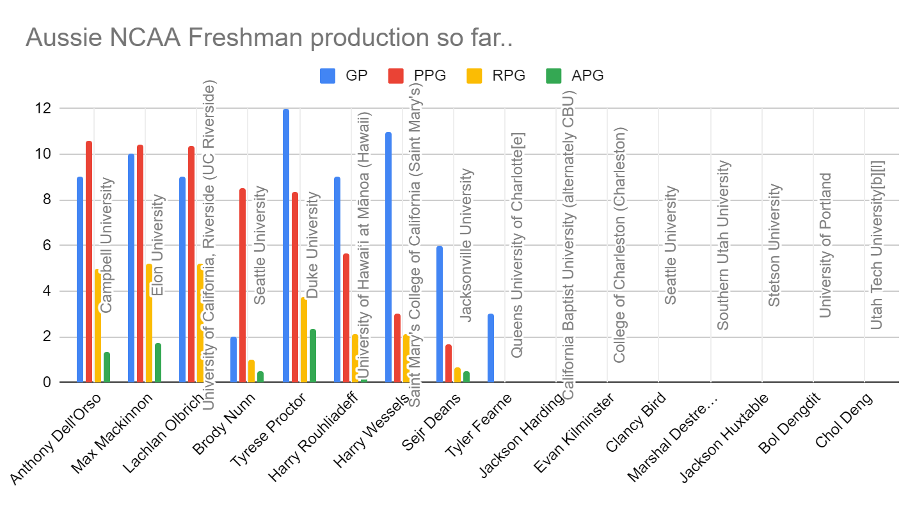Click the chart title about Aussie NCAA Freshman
pos(269,38)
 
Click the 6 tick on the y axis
pos(47,246)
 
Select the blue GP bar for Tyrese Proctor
pos(286,246)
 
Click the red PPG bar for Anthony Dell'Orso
pos(89,262)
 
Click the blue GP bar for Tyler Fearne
pos(491,348)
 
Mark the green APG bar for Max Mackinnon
pos(158,363)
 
